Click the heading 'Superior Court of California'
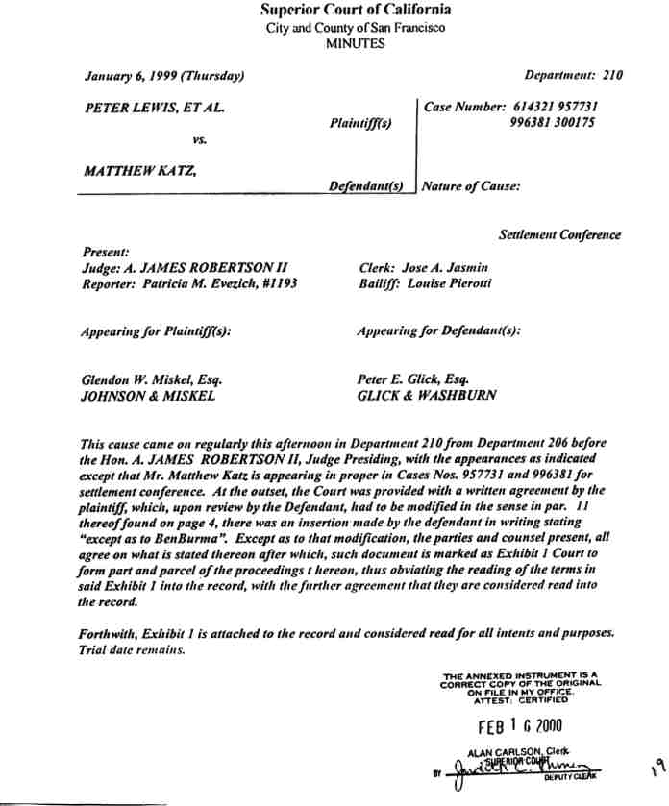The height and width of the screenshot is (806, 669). (356, 11)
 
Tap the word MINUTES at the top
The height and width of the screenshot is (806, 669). (356, 43)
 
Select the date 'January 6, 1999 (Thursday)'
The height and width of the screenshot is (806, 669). (163, 75)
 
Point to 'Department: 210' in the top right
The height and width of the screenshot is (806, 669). (574, 75)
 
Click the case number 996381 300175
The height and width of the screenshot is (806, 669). (553, 123)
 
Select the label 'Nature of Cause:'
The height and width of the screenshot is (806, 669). (471, 186)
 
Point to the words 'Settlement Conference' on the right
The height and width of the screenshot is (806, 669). (559, 235)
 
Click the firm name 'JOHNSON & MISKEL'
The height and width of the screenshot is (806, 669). (149, 395)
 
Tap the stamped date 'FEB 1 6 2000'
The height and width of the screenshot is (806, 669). (520, 727)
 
